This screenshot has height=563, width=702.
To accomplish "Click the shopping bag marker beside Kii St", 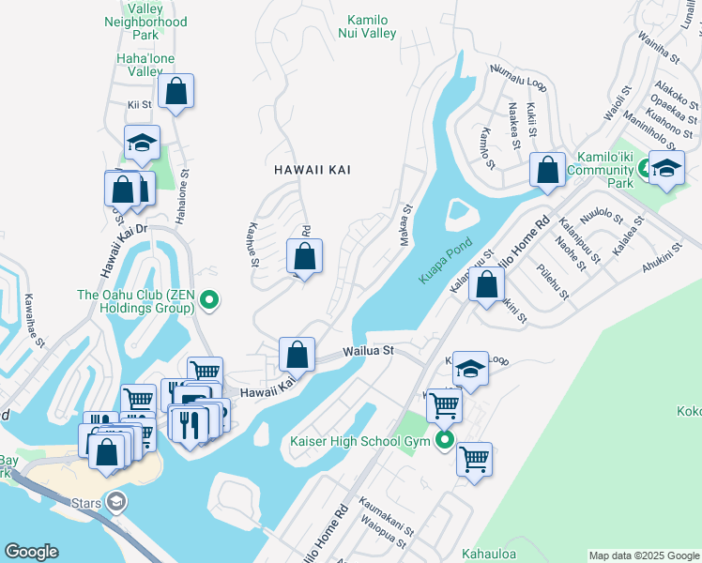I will pyautogui.click(x=175, y=92).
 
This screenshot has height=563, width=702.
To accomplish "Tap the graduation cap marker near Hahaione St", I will pyautogui.click(x=142, y=143).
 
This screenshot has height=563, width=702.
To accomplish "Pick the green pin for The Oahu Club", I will pyautogui.click(x=210, y=300).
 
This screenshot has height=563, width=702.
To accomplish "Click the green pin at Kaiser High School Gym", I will pyautogui.click(x=445, y=440).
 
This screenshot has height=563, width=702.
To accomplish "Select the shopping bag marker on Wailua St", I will pyautogui.click(x=297, y=355).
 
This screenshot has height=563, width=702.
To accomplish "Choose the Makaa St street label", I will pyautogui.click(x=407, y=223).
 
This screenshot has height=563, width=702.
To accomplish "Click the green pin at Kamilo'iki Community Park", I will pyautogui.click(x=646, y=170).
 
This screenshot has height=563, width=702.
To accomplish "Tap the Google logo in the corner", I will pyautogui.click(x=31, y=552).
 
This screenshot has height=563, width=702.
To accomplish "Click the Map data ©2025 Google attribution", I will pyautogui.click(x=644, y=555).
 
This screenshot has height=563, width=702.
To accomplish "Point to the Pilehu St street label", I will pyautogui.click(x=553, y=282).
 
